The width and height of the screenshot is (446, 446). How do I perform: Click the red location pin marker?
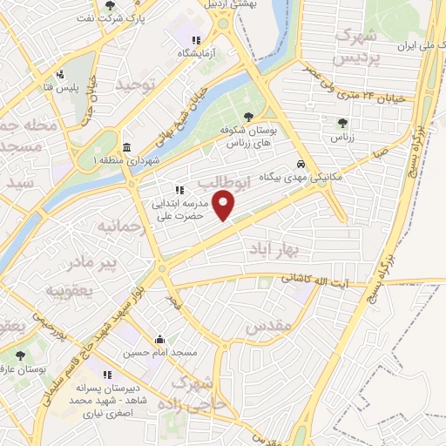pyautogui.click(x=225, y=206)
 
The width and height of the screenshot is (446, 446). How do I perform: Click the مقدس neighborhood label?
pyautogui.click(x=265, y=327)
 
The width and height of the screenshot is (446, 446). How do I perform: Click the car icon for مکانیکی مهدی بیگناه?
pyautogui.click(x=301, y=163)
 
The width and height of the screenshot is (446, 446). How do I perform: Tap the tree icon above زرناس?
pyautogui.click(x=341, y=123)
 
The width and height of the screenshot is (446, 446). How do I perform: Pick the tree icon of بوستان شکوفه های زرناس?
pyautogui.click(x=249, y=116)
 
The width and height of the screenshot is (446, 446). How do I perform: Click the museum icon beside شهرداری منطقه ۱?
pyautogui.click(x=127, y=146)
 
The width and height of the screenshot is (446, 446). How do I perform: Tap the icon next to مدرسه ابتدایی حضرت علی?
pyautogui.click(x=179, y=190)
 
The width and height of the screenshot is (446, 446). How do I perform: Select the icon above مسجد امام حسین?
pyautogui.click(x=159, y=340)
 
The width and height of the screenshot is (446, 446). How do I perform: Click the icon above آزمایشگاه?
pyautogui.click(x=197, y=39)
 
